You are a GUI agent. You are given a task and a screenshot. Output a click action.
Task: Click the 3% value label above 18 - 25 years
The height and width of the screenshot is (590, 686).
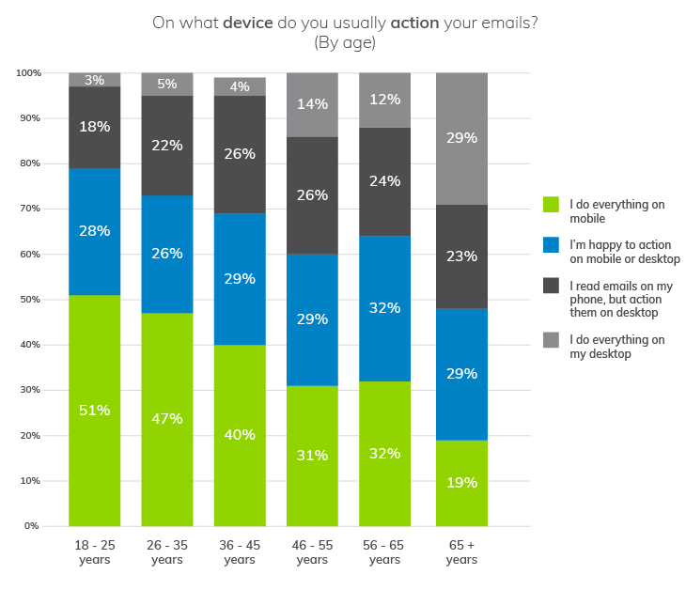point(95,81)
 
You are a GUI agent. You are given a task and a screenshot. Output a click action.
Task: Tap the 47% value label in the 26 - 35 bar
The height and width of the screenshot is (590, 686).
point(167,419)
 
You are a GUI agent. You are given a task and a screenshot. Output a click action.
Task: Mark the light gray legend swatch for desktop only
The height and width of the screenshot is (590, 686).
point(552,340)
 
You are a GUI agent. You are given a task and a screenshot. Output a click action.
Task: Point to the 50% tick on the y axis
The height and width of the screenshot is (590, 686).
point(29,300)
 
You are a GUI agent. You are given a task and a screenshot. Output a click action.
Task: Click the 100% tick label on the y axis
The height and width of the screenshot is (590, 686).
point(27,73)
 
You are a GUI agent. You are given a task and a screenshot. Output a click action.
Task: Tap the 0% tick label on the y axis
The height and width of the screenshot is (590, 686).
point(32,526)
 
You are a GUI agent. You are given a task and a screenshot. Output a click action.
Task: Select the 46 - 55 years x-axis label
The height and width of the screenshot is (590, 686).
point(312,551)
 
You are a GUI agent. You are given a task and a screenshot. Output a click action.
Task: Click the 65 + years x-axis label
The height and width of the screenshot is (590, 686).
point(462,551)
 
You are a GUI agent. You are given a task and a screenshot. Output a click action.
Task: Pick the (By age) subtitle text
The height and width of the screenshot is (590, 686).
point(345,42)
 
